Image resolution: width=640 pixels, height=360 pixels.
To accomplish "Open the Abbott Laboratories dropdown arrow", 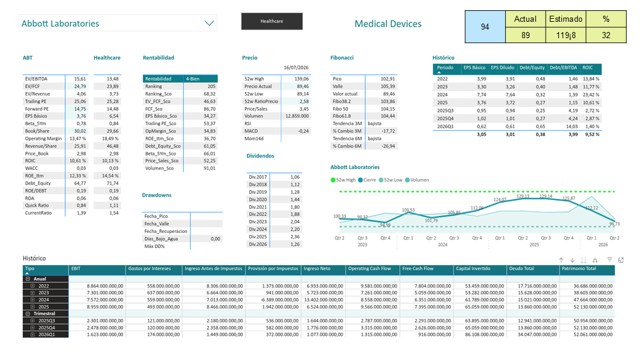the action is click(209, 23).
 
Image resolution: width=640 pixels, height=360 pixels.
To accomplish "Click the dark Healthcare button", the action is click(272, 21).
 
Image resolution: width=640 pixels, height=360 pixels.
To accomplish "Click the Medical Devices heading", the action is click(388, 24).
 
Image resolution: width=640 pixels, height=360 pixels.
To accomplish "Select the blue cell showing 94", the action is click(485, 27).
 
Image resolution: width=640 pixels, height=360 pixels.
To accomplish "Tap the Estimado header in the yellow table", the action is click(566, 19).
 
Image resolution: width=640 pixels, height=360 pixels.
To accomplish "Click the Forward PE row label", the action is click(37, 109).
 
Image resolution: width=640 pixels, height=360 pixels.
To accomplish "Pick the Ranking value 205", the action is click(212, 87).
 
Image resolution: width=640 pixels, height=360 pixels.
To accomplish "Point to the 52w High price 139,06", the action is click(302, 79).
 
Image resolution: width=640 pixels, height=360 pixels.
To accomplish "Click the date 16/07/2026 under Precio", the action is click(296, 68).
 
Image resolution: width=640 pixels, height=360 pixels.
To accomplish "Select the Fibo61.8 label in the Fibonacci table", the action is click(342, 116).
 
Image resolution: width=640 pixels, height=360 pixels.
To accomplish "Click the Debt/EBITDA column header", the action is click(563, 68).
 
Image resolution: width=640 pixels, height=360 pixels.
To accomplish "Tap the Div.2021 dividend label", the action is click(258, 207).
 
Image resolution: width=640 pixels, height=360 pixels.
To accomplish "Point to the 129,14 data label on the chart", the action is click(546, 196).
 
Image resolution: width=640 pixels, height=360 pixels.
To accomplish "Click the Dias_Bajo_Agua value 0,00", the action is click(215, 239).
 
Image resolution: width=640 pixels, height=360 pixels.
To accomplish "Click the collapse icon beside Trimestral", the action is click(28, 314).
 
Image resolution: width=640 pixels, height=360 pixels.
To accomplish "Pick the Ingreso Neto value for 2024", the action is click(325, 300).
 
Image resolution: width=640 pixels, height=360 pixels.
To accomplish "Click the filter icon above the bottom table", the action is click(609, 260).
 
